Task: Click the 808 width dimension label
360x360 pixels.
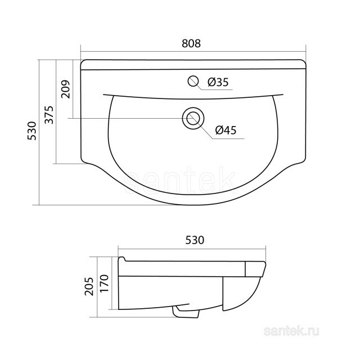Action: click(191, 43)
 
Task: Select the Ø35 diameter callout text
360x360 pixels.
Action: click(218, 82)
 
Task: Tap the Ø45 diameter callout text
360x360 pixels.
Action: click(226, 130)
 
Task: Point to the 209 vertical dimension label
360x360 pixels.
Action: click(65, 89)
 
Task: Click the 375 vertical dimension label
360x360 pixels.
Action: click(49, 115)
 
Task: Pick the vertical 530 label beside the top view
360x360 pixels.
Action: click(31, 130)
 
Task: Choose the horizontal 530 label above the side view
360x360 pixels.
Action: click(195, 240)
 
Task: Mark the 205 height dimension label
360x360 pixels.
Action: click(89, 286)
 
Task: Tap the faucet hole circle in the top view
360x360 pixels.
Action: click(193, 81)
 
